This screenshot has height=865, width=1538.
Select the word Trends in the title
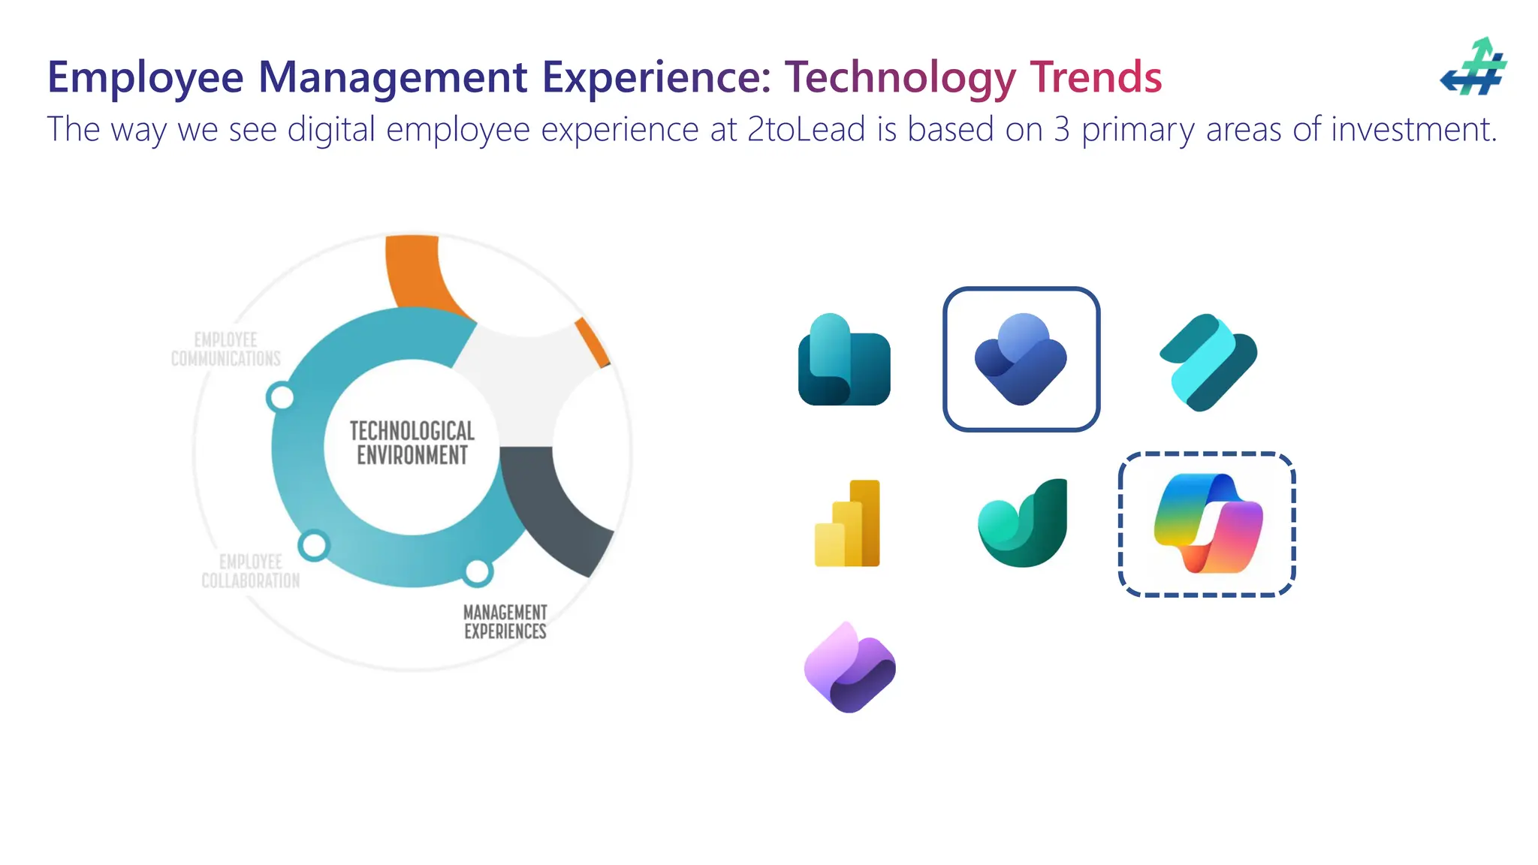click(x=1096, y=77)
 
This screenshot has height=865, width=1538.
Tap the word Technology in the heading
click(x=900, y=77)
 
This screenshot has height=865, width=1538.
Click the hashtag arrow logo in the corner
click(x=1473, y=68)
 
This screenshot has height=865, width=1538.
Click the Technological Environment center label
click(x=412, y=443)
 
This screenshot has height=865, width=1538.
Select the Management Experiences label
click(x=505, y=622)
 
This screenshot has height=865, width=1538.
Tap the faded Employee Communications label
click(x=226, y=349)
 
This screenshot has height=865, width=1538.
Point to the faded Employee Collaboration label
click(x=250, y=571)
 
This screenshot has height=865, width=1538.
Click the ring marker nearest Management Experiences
click(x=477, y=572)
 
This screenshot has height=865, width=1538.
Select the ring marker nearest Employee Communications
click(x=282, y=396)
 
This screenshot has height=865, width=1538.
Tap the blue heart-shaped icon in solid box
click(x=1021, y=359)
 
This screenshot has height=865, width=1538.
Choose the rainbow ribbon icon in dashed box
click(x=1207, y=523)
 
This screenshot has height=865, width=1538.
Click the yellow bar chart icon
click(x=848, y=523)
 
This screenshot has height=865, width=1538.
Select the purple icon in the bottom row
click(x=849, y=668)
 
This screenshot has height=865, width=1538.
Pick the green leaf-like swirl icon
click(x=1023, y=523)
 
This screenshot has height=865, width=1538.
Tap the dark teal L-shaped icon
click(x=844, y=360)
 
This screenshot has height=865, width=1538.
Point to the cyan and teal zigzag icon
click(x=1208, y=362)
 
